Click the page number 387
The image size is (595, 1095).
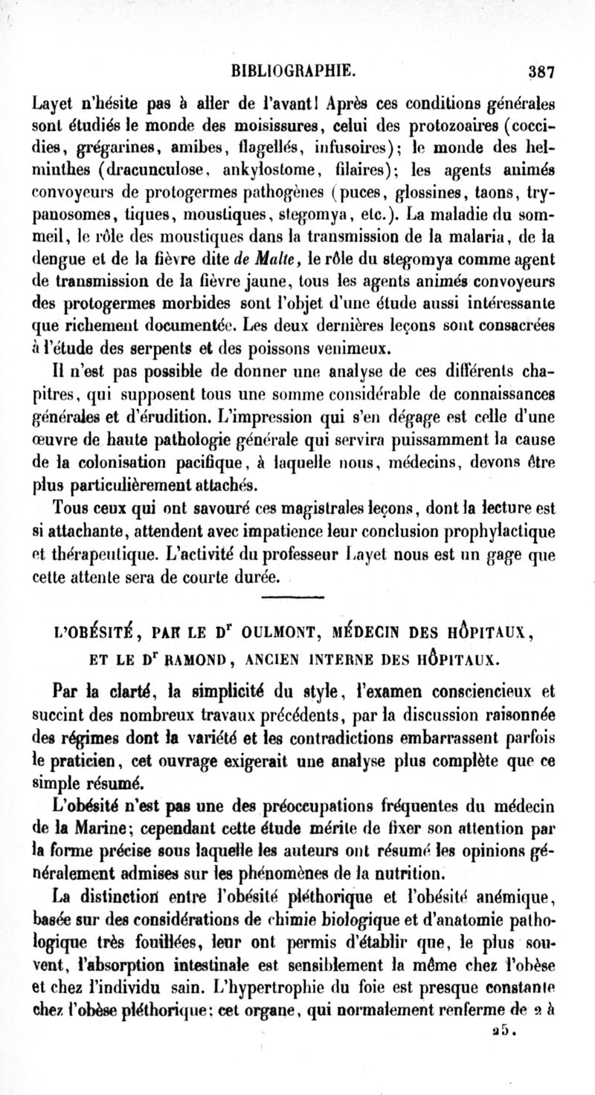(541, 73)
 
